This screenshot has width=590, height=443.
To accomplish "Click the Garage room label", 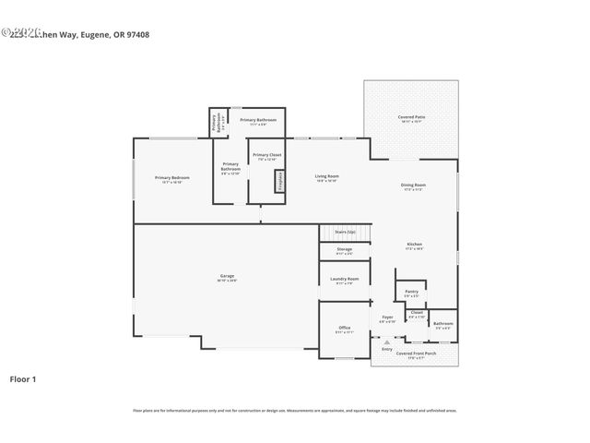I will pyautogui.click(x=227, y=277).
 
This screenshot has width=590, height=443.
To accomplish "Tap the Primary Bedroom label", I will pyautogui.click(x=172, y=177).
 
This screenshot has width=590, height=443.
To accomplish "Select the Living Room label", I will pyautogui.click(x=327, y=176).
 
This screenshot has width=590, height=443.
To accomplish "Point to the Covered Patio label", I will pyautogui.click(x=411, y=117).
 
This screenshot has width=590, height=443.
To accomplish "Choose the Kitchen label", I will pyautogui.click(x=414, y=245).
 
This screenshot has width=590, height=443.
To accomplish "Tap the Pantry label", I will pyautogui.click(x=411, y=292).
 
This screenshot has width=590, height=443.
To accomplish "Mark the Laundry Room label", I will pyautogui.click(x=346, y=279).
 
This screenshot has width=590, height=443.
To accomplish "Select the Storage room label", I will pyautogui.click(x=344, y=249).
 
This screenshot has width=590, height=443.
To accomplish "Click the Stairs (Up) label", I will pyautogui.click(x=344, y=232).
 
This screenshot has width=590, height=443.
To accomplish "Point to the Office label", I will pyautogui.click(x=344, y=328).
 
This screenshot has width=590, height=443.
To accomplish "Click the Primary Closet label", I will pyautogui.click(x=267, y=155).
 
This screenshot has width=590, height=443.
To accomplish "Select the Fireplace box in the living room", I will pyautogui.click(x=279, y=182).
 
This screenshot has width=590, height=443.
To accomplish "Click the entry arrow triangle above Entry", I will pyautogui.click(x=387, y=341).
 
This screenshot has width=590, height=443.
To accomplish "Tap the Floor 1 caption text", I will pyautogui.click(x=23, y=378).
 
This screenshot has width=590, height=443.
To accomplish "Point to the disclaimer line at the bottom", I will pyautogui.click(x=295, y=410).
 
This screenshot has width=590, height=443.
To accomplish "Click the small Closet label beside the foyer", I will pyautogui.click(x=417, y=312).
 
